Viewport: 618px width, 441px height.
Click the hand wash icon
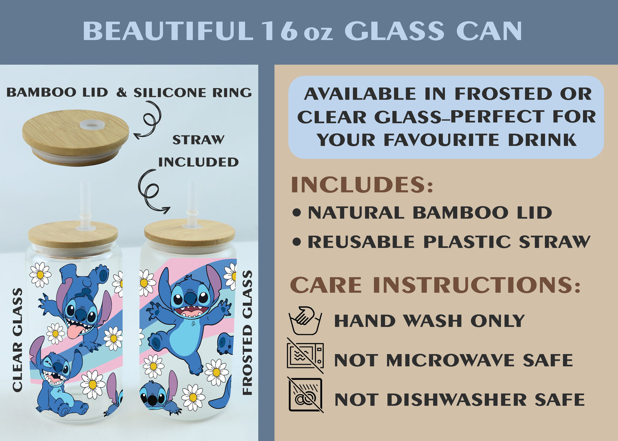(x=305, y=320)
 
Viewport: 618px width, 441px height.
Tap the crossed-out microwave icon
(x=305, y=356)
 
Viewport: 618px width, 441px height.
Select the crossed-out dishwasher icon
(x=305, y=395)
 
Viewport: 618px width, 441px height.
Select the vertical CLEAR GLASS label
(x=17, y=340)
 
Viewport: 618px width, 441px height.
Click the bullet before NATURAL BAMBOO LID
(x=296, y=213)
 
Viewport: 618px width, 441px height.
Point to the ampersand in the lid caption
(x=121, y=93)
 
